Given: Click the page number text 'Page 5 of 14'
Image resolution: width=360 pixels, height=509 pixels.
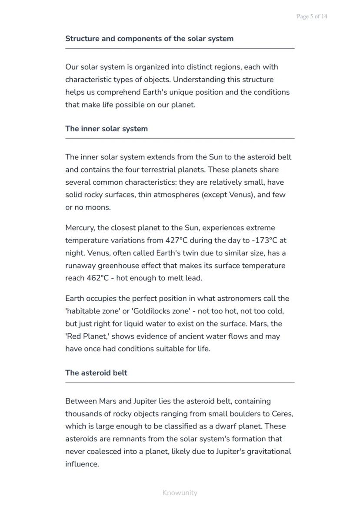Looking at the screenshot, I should point(312,17).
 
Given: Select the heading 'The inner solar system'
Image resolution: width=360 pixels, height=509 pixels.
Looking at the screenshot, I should point(107,129).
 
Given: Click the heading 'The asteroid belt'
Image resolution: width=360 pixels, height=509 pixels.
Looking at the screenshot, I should point(96,373).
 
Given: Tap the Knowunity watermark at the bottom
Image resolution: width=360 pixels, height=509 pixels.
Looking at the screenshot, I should point(180,492).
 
